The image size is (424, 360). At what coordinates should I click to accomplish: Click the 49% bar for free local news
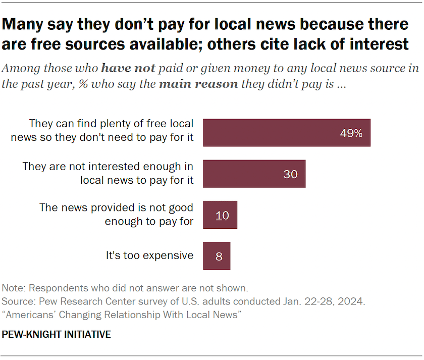click(x=286, y=133)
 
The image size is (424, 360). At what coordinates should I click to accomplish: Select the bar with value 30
click(x=254, y=174)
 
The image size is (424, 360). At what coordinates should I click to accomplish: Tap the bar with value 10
click(x=220, y=215)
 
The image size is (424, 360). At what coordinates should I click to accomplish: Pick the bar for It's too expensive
click(x=216, y=256)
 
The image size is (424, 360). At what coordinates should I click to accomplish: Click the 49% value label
click(x=351, y=133)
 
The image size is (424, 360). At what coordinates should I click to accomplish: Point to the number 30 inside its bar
click(x=290, y=174)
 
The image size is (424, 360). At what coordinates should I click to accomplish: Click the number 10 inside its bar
click(x=222, y=216)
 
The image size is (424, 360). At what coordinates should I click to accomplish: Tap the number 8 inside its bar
click(x=219, y=256)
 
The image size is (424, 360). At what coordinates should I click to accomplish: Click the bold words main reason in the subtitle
click(x=198, y=83)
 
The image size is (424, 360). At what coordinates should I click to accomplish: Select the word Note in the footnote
click(x=14, y=289)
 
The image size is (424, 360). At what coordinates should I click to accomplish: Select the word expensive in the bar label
click(x=169, y=255)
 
